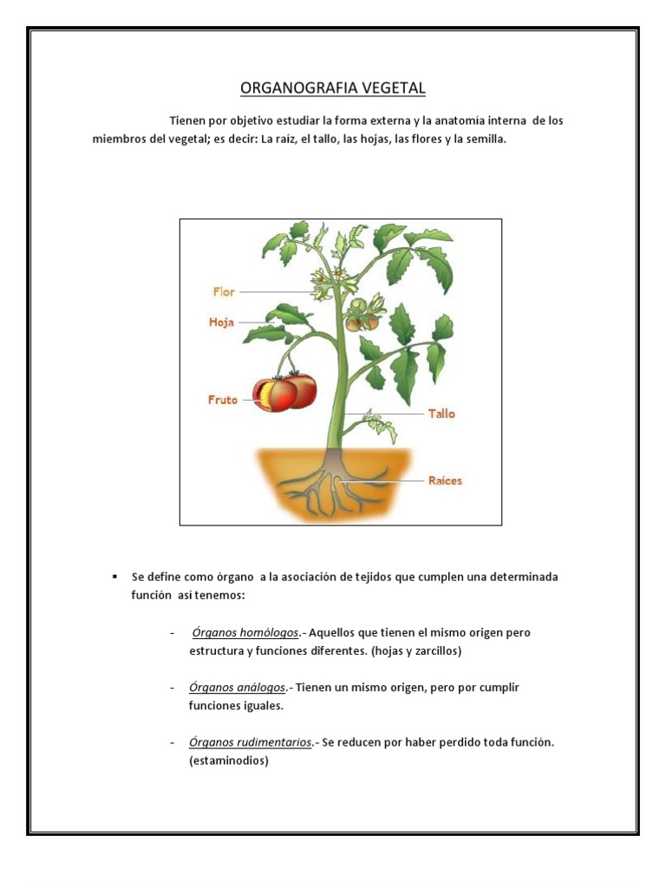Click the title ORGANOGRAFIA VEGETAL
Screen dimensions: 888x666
tap(332, 88)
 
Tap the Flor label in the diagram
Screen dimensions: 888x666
tap(224, 292)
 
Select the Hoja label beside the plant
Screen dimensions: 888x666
tap(222, 323)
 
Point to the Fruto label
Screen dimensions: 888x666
tap(223, 401)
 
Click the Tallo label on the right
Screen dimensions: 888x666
tap(441, 414)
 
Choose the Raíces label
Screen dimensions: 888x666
tap(446, 480)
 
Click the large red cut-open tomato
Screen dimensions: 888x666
tap(284, 393)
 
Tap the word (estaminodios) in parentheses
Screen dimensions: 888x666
tap(229, 761)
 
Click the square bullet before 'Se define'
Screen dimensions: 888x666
tap(114, 577)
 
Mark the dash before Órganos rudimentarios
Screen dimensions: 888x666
tap(173, 743)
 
